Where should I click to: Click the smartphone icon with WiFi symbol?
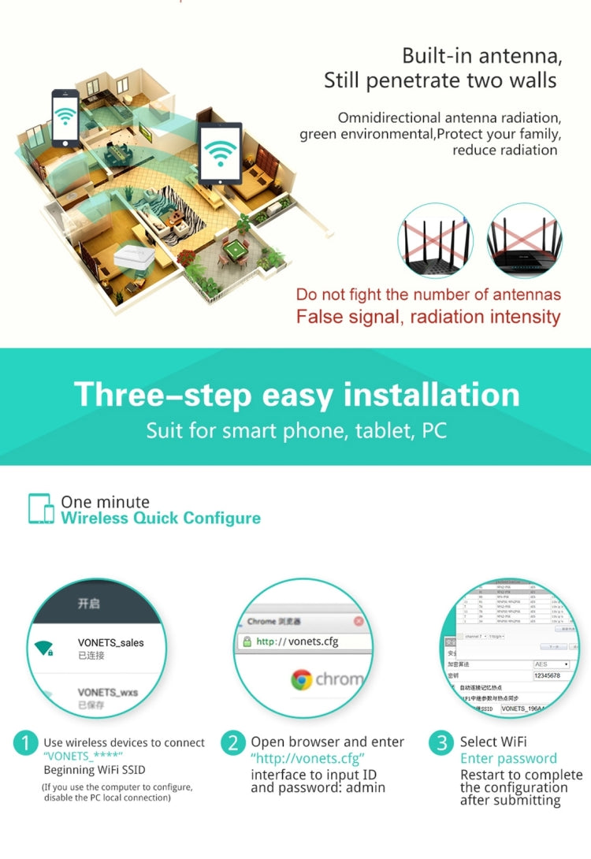point(65,117)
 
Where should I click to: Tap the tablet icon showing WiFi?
point(220,153)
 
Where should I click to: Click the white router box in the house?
point(133,258)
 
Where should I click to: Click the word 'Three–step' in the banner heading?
point(162,394)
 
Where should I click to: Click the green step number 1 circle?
point(27,742)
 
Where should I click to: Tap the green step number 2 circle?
point(233,742)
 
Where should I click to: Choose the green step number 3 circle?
point(442,742)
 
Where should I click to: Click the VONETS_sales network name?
point(110,643)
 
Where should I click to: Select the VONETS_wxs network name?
point(107,693)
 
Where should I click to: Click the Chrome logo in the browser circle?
point(301,679)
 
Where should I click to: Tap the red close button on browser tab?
point(359,621)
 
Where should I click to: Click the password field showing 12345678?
point(551,675)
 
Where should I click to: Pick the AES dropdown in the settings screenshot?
point(551,664)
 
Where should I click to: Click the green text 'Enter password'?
point(508,759)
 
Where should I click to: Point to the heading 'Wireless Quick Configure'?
point(161,518)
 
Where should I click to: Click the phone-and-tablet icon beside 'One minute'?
point(41,509)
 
